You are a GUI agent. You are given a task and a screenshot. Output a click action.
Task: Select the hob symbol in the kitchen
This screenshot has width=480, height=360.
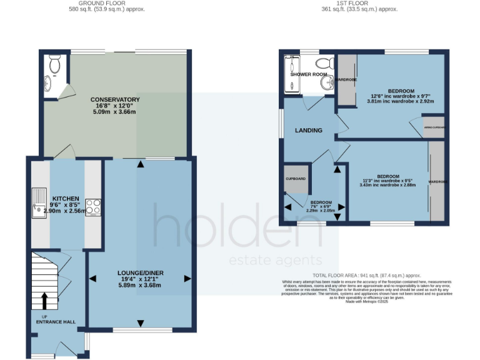click(x=93, y=206)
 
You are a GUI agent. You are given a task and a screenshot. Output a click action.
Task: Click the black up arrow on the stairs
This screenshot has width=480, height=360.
click(x=44, y=301)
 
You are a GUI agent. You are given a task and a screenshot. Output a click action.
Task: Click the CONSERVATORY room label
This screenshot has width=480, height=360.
click(x=114, y=99)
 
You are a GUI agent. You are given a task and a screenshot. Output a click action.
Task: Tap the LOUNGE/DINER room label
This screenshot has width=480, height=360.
click(x=140, y=272)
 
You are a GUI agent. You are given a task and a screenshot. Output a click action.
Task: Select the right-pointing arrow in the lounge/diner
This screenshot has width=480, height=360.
click(x=186, y=278)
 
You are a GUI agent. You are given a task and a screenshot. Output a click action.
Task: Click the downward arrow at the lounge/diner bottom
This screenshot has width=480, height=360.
click(x=140, y=322)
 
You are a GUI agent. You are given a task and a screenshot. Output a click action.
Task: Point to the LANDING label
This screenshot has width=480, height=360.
click(x=309, y=131)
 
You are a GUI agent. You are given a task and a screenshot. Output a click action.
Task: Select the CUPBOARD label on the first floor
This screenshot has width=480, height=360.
click(x=296, y=179)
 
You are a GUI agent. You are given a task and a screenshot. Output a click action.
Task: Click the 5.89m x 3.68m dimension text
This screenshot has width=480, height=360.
click(x=140, y=285)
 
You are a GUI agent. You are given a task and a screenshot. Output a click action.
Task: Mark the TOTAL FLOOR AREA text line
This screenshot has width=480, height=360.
click(x=366, y=275)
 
